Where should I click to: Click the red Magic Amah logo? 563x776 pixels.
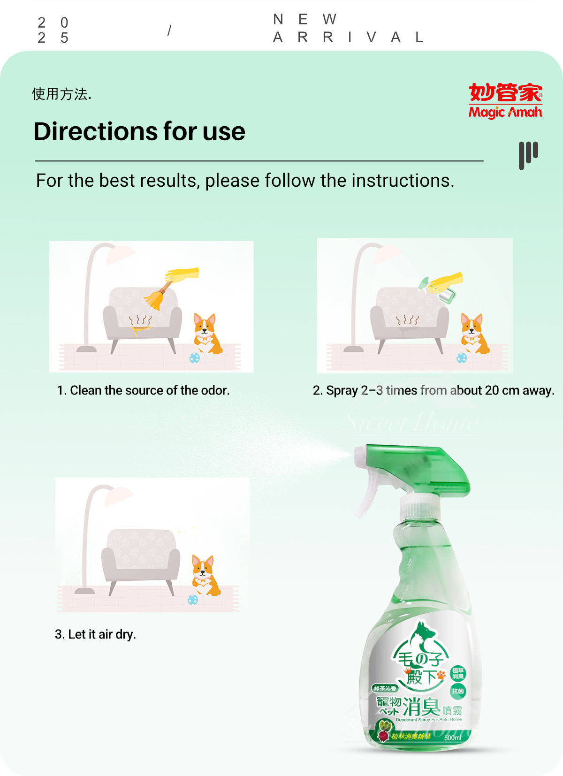505,100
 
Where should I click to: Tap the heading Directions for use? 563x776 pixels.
139,131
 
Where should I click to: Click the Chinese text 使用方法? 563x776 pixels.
61,94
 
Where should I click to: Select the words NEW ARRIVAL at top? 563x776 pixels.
348,28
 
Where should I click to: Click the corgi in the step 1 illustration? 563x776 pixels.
207,334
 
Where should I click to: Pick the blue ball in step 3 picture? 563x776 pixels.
193,599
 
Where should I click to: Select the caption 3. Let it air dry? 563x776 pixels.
95,634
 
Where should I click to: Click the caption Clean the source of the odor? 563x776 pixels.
149,390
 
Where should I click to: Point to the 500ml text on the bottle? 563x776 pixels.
453,738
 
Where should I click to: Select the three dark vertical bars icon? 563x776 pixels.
528,154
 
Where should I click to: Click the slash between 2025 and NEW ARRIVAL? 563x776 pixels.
169,30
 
